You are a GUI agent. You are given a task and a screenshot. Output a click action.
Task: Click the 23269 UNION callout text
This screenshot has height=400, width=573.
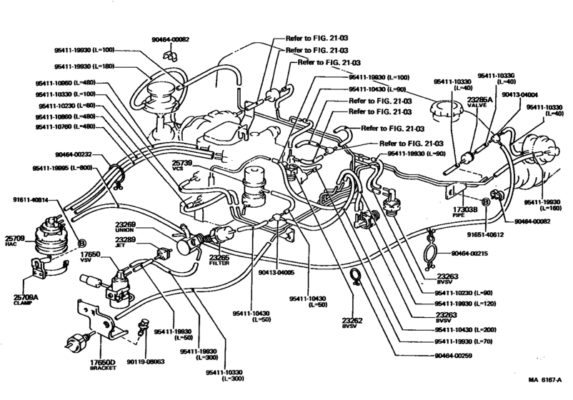pyautogui.click(x=128, y=228)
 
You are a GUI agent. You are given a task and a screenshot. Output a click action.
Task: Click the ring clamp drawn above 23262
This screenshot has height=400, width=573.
pyautogui.click(x=353, y=276)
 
